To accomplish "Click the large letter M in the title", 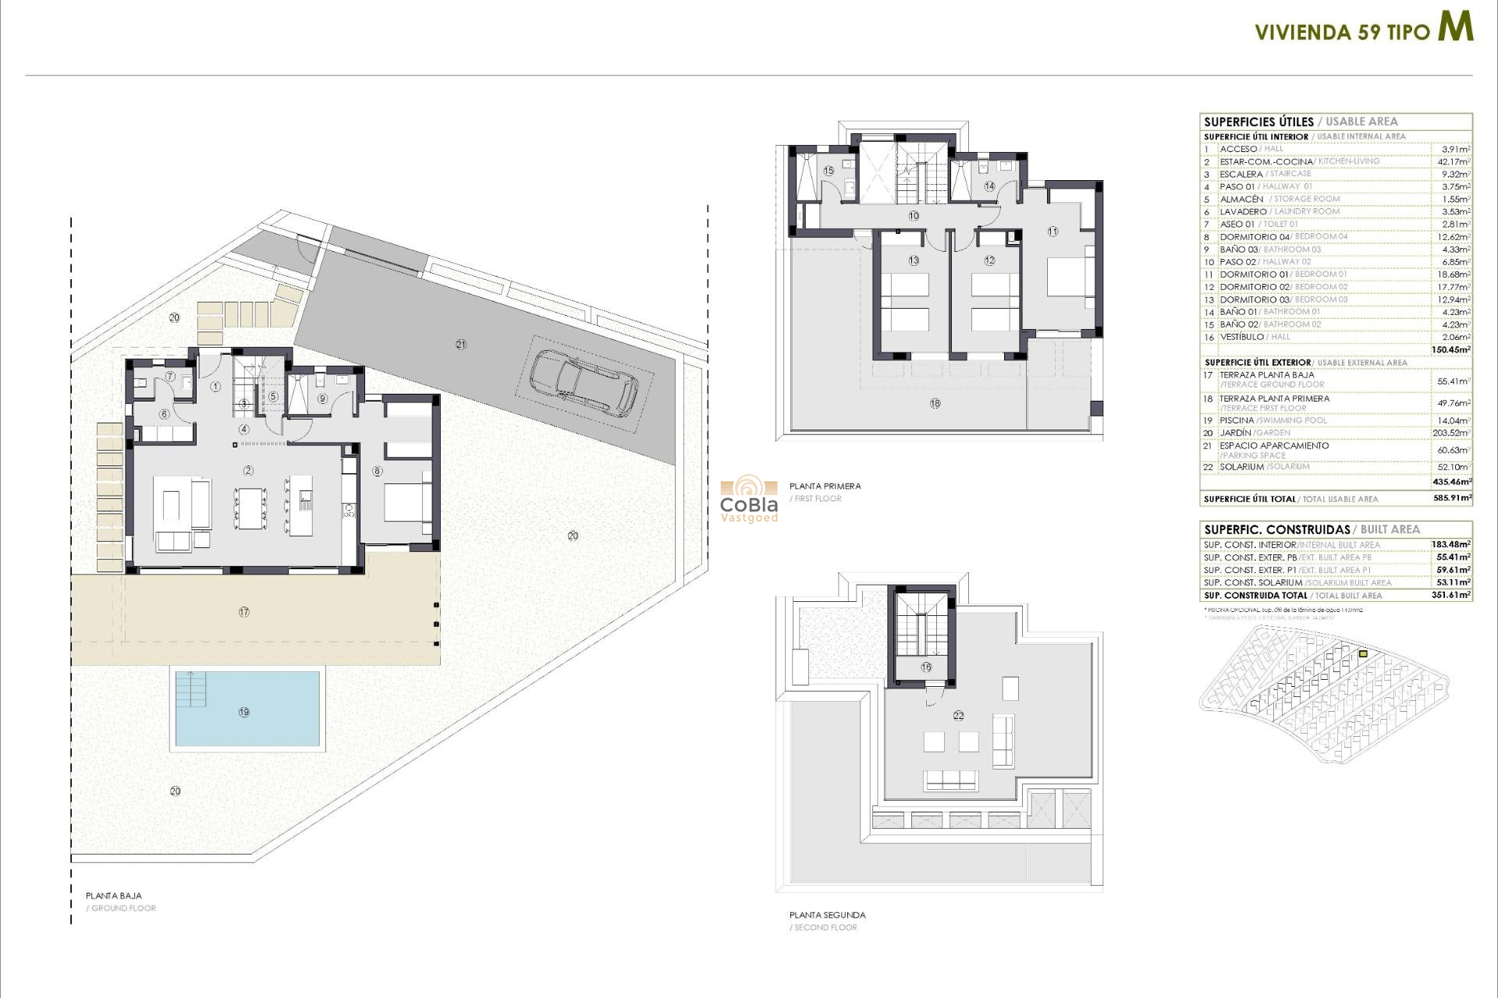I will coord(1455,27).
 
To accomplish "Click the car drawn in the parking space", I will coord(584,381).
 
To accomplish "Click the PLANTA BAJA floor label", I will coord(114,896).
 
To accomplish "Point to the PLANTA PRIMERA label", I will coord(825,486).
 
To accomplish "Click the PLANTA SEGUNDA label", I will coord(827,915).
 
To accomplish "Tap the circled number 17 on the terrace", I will coord(244,612).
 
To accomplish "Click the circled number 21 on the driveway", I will coord(461,345).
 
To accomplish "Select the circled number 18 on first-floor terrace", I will coord(935,403).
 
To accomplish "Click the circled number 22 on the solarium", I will coord(958,715).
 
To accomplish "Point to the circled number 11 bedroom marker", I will coord(1053,232).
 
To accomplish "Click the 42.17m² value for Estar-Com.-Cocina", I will coord(1454,161).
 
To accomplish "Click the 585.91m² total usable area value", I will coord(1451,497).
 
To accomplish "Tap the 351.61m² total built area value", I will coord(1451,595).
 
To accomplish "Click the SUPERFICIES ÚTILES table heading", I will coord(1258,122).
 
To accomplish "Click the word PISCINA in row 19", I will coord(1237,420).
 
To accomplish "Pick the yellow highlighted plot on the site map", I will coord(1363,653).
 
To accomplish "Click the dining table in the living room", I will coord(251,508).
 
